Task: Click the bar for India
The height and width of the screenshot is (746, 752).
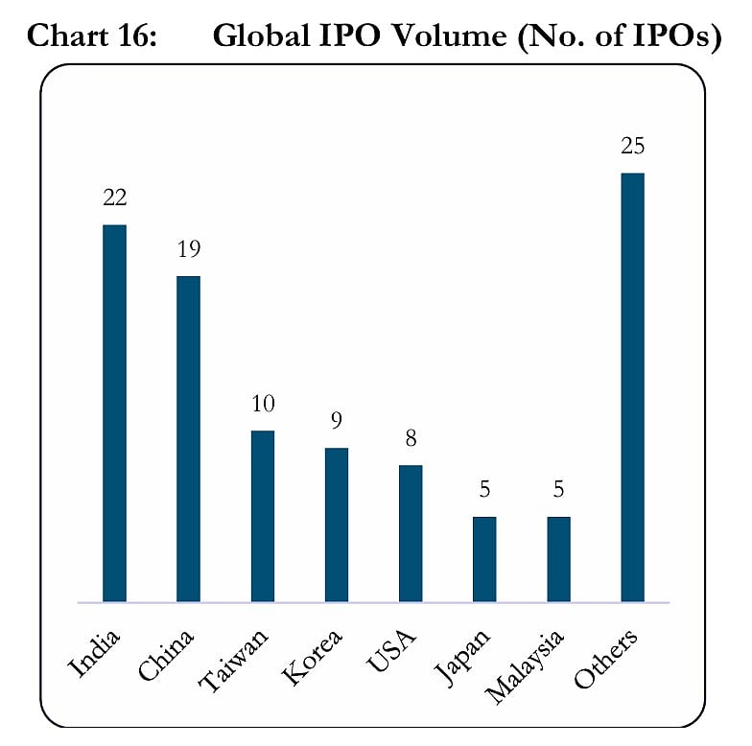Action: coord(114,413)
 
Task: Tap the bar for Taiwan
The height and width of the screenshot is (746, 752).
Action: coord(262,516)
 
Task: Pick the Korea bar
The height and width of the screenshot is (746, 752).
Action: coord(337,525)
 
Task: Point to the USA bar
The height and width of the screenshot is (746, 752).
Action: coord(411,533)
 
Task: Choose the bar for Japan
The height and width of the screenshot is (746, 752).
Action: coord(484,559)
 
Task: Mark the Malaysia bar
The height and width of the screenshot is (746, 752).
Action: coord(558,559)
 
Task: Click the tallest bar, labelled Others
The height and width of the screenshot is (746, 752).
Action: coord(632,387)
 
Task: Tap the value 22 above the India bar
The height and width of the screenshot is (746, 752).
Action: coord(114,198)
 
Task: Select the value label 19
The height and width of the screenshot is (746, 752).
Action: coord(188,249)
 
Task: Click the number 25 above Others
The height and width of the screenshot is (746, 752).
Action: coord(632,147)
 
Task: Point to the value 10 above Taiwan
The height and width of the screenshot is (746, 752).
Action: coord(262,405)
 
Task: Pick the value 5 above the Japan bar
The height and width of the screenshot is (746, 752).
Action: coord(484,491)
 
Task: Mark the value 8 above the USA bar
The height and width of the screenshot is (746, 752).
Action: coord(411,439)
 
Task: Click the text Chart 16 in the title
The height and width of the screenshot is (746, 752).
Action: coord(92,36)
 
